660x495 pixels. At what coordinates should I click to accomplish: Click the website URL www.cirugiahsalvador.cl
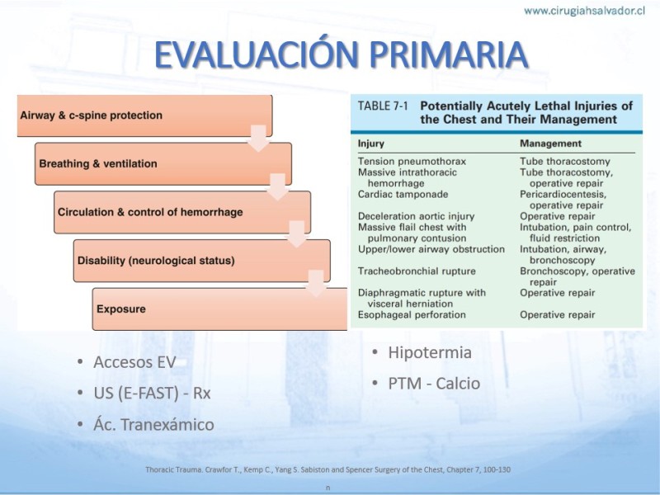(x=584, y=11)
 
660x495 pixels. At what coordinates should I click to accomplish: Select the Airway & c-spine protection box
(x=145, y=115)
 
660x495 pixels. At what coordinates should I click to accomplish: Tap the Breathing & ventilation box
(x=163, y=163)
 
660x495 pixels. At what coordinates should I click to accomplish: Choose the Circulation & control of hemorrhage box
(x=182, y=212)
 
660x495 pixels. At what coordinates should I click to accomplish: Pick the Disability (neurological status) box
(x=201, y=261)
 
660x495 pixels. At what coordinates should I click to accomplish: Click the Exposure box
(x=219, y=309)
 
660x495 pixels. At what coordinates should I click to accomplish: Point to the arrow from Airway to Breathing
(x=258, y=138)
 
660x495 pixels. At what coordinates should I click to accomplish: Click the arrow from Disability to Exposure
(x=316, y=283)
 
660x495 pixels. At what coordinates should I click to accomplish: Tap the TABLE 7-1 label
(x=383, y=106)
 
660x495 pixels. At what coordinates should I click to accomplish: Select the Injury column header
(x=370, y=144)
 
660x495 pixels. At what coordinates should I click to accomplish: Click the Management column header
(x=550, y=144)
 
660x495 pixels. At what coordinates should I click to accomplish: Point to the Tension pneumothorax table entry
(x=412, y=162)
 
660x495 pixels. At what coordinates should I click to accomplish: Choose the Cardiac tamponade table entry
(x=403, y=195)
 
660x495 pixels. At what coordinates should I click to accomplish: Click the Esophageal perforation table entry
(x=412, y=315)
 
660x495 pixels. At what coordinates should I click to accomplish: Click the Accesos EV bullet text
(x=134, y=362)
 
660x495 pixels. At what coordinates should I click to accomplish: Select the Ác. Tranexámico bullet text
(x=153, y=424)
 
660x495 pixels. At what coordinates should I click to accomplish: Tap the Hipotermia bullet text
(x=430, y=352)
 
